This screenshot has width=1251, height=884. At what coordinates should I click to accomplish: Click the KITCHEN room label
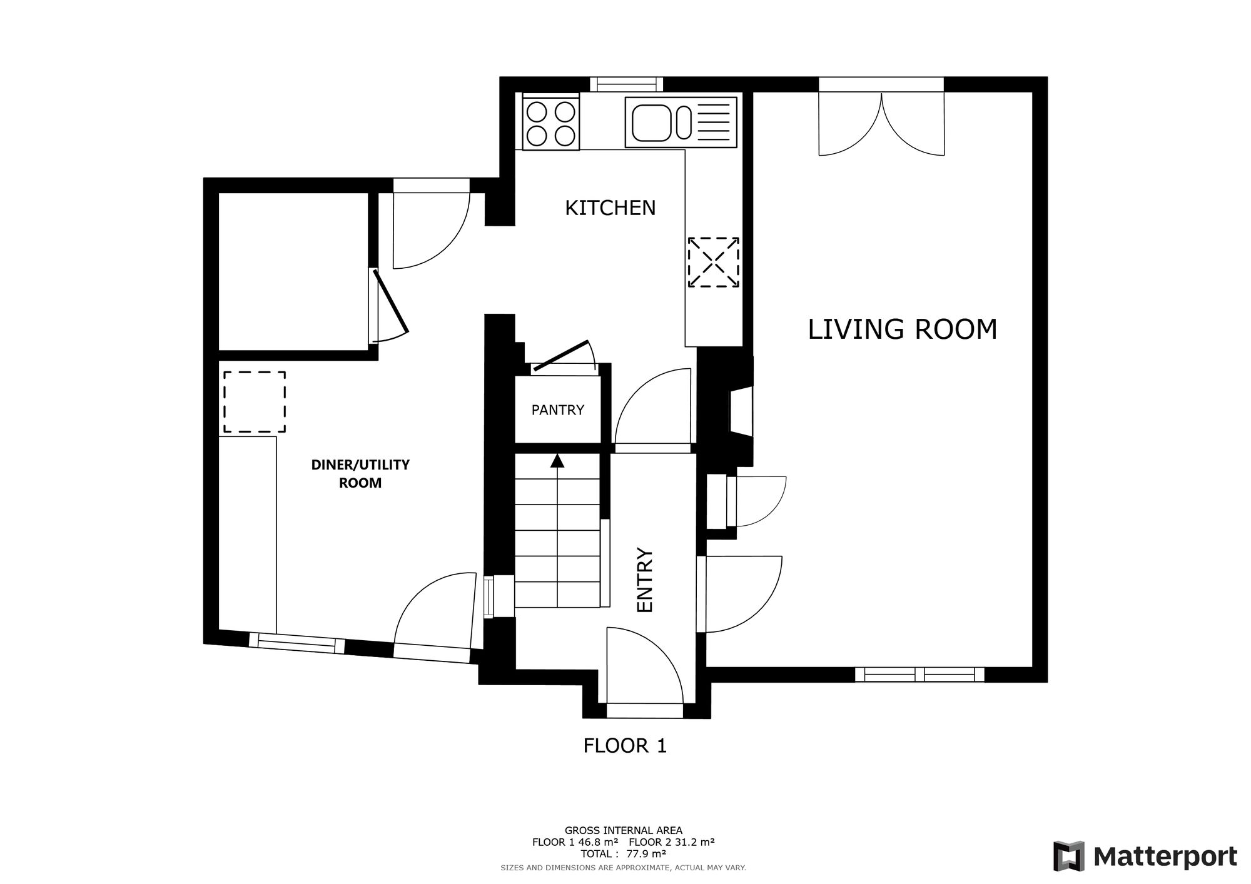click(x=610, y=208)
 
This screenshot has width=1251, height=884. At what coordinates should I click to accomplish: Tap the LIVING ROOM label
click(x=902, y=329)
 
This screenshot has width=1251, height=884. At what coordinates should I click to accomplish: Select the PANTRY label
click(x=557, y=410)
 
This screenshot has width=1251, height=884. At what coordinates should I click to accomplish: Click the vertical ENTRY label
click(x=644, y=580)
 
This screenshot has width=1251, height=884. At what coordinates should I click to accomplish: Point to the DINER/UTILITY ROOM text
click(x=360, y=473)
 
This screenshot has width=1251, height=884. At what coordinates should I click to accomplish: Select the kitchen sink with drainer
click(x=681, y=123)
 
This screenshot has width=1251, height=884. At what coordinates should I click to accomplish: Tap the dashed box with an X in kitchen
click(x=713, y=263)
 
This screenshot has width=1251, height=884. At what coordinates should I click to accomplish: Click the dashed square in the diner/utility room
click(x=255, y=402)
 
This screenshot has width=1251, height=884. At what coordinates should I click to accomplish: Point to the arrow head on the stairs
click(x=557, y=461)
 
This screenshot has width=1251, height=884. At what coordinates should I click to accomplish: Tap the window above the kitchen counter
click(x=626, y=84)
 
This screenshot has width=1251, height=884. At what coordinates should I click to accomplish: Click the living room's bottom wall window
click(x=919, y=674)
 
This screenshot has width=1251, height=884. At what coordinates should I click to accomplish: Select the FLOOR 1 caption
click(x=625, y=745)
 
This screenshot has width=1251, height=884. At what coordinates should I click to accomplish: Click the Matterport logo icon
click(x=1068, y=856)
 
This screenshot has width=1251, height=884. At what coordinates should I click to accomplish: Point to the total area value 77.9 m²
click(x=646, y=853)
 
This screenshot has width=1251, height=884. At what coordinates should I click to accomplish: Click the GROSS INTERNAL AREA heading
click(x=623, y=831)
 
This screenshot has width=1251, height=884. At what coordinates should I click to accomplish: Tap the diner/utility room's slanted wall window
click(x=297, y=643)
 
